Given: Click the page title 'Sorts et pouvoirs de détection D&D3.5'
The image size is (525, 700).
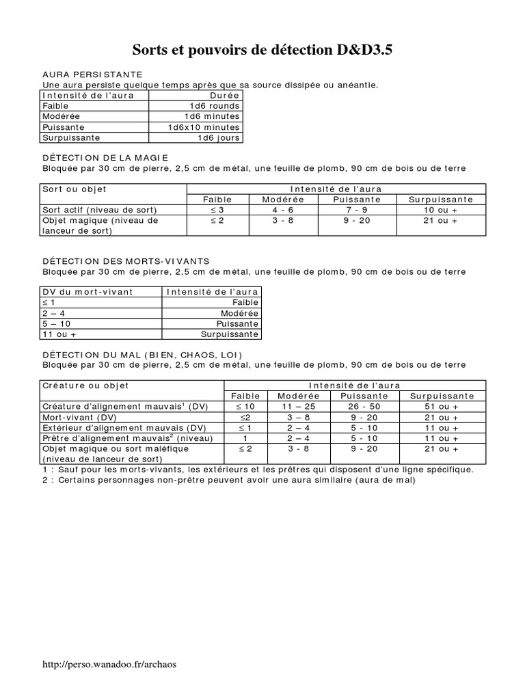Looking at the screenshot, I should click(x=262, y=51).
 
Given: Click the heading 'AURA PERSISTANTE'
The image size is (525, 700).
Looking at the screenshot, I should click(x=92, y=74).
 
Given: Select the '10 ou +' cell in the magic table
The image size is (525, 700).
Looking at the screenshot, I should click(x=440, y=210).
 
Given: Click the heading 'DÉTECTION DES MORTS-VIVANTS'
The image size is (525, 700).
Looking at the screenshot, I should click(x=126, y=261).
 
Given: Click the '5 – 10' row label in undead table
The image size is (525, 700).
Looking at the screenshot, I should click(x=57, y=323).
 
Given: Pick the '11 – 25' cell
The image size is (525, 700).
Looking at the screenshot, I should click(x=299, y=407).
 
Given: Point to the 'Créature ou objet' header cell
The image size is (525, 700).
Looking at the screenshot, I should click(x=85, y=386).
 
